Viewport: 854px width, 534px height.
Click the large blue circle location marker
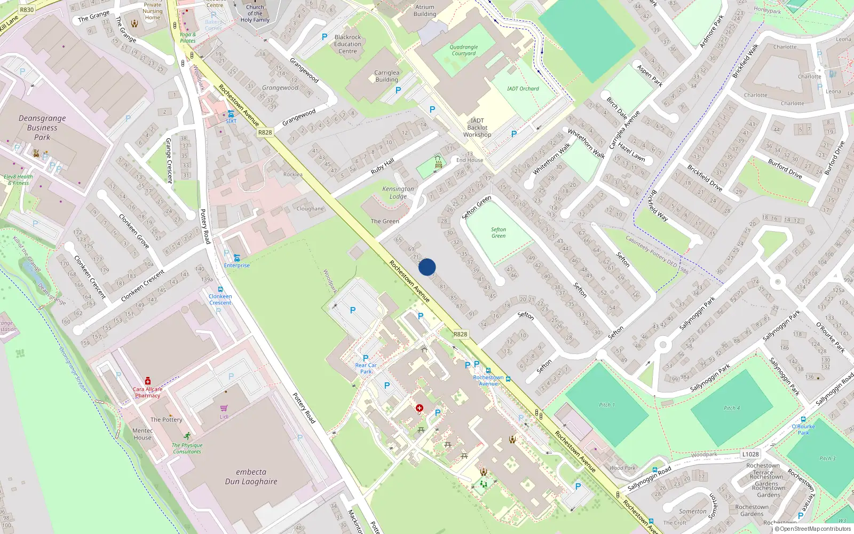click(427, 267)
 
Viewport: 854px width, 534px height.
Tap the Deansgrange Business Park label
click(42, 128)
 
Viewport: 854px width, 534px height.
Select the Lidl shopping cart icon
click(224, 408)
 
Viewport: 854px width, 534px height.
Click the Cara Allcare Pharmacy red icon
click(148, 381)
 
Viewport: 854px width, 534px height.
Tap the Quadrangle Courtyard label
click(463, 50)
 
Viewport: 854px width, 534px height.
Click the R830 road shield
click(26, 10)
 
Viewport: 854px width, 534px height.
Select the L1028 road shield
click(750, 454)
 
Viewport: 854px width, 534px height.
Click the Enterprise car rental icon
click(236, 258)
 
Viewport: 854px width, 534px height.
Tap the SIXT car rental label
click(231, 121)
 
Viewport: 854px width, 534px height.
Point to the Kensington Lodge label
click(398, 193)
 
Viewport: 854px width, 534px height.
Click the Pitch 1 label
click(606, 405)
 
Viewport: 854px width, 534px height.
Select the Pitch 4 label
click(732, 408)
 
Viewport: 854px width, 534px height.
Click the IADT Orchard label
click(523, 89)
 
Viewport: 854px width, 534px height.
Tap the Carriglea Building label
click(386, 76)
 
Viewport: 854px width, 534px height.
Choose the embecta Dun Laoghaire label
click(251, 476)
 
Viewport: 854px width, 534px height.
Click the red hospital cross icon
click(420, 408)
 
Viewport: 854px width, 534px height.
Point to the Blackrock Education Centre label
click(347, 44)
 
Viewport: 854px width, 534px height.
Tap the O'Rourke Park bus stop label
click(803, 429)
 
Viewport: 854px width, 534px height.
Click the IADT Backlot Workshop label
click(477, 128)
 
